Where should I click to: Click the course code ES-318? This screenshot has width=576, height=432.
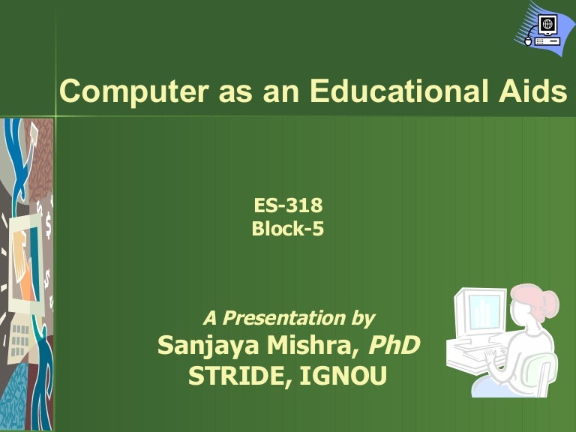(289, 205)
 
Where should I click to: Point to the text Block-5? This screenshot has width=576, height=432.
(288, 228)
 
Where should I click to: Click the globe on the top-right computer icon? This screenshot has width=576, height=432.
(548, 25)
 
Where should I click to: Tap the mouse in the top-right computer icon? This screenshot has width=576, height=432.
(528, 42)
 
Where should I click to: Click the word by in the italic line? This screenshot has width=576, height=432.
(361, 318)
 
